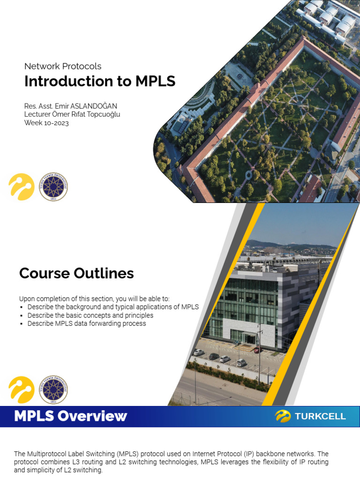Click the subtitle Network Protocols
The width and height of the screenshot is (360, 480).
63,67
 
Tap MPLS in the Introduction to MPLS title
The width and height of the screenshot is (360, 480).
155,81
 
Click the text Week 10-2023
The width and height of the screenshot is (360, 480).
46,123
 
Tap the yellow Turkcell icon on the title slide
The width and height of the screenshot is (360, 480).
22,187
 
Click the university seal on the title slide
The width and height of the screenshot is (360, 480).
53,187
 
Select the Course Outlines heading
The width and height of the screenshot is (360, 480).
76,273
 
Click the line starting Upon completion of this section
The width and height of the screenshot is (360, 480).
94,299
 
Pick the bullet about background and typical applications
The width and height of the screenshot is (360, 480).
113,307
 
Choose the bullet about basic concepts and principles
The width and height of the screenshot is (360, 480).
90,315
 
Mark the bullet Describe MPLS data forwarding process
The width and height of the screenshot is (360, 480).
87,323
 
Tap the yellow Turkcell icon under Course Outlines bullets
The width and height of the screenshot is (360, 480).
22,390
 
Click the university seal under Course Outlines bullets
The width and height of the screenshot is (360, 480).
53,390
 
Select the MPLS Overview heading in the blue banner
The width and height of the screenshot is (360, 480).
70,416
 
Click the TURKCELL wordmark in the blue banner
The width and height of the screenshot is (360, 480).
320,416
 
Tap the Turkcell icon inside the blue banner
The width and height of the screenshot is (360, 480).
283,416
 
